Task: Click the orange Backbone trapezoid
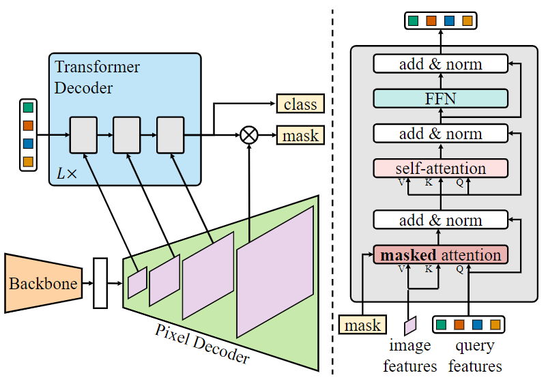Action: point(42,283)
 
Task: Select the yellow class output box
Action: point(300,104)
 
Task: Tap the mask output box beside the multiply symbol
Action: point(300,135)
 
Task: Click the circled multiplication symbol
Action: point(249,135)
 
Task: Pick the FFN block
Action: point(440,98)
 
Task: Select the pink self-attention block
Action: point(440,168)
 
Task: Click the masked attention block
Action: point(440,255)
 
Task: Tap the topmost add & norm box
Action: point(440,64)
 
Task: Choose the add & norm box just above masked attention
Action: point(440,220)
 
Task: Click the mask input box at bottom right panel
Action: point(362,325)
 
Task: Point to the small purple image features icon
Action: point(410,325)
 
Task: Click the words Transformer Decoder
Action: point(97,78)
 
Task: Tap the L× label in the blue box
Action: point(67,173)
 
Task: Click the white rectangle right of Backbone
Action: point(100,283)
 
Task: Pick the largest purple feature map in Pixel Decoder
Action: point(275,271)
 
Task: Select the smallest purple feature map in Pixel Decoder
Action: point(137,282)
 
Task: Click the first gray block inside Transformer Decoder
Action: point(83,135)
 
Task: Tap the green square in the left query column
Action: point(28,108)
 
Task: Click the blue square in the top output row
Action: point(449,20)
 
